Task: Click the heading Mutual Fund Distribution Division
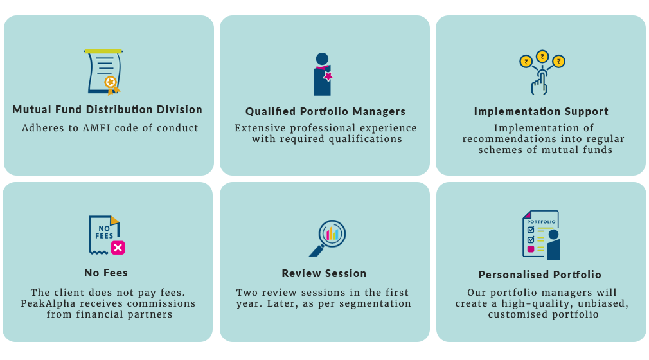click(x=107, y=109)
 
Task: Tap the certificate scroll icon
click(x=103, y=72)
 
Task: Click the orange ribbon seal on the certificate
click(x=111, y=84)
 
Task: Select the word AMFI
click(x=97, y=128)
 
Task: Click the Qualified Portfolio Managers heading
click(x=325, y=111)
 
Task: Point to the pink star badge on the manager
click(x=328, y=76)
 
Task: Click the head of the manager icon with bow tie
click(x=322, y=59)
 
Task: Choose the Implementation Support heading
click(x=541, y=111)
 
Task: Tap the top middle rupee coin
click(x=542, y=57)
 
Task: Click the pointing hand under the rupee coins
click(x=539, y=82)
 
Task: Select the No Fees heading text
click(x=106, y=273)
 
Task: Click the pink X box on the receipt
click(x=118, y=248)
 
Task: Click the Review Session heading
click(x=324, y=273)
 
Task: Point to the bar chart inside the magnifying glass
click(x=332, y=234)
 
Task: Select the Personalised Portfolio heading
click(x=540, y=274)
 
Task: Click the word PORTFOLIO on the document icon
click(x=541, y=222)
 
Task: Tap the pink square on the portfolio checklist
click(x=531, y=249)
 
